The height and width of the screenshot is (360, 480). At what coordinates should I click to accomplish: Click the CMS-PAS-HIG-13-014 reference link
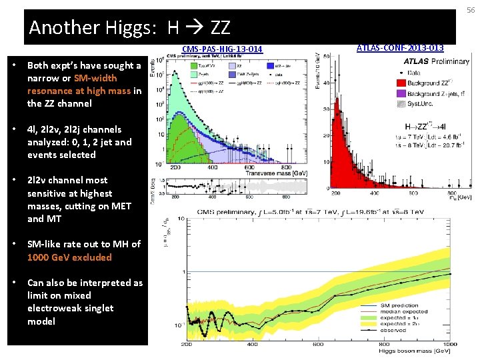coord(222,49)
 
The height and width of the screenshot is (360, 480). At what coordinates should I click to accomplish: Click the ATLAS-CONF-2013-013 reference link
coord(400,47)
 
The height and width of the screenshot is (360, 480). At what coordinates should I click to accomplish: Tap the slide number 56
coord(471,9)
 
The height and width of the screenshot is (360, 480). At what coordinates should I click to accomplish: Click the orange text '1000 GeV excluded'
coord(69,257)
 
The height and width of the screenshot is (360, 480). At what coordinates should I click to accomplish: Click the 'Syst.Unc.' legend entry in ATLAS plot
coord(423,105)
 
